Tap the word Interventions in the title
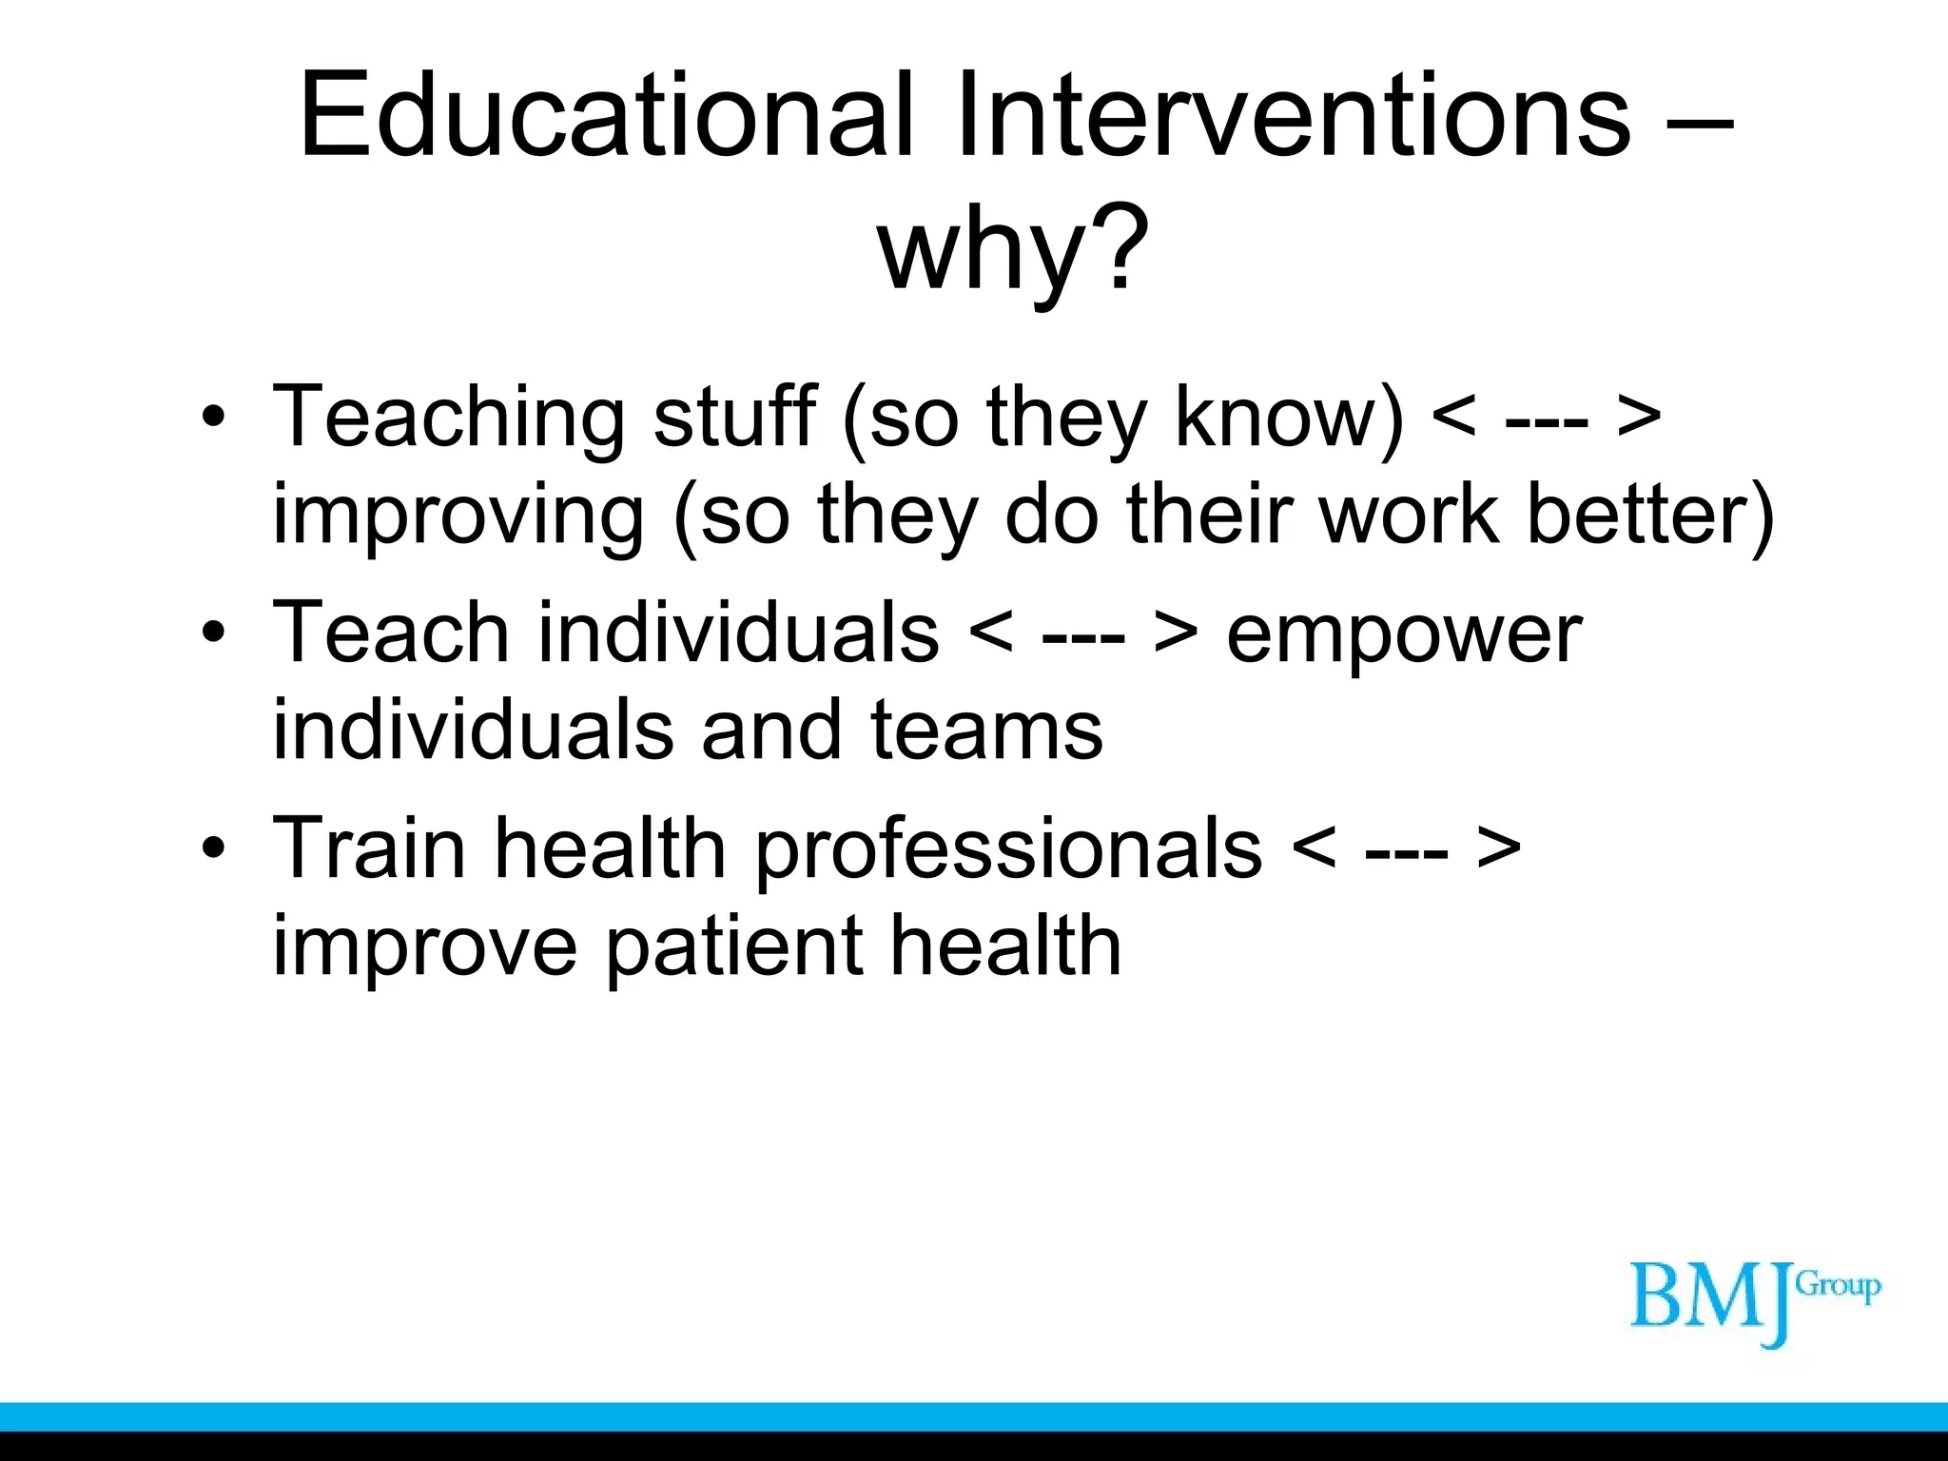(x=1294, y=116)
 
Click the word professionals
(x=1009, y=849)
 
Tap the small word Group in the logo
(x=1838, y=1286)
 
